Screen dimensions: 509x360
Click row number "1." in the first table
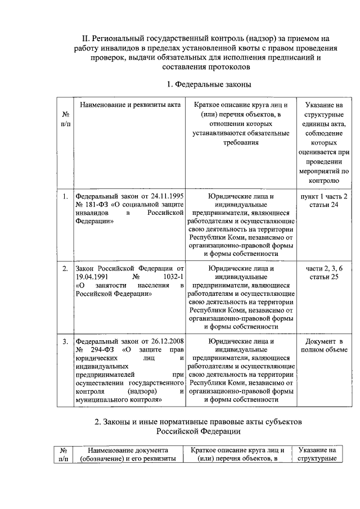click(x=65, y=196)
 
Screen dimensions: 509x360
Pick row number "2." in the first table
click(x=65, y=268)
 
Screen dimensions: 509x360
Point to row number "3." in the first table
click(x=65, y=341)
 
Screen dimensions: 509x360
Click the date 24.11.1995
click(x=168, y=196)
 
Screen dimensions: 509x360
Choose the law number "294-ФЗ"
click(x=96, y=349)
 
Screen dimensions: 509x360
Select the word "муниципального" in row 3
click(x=100, y=399)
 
